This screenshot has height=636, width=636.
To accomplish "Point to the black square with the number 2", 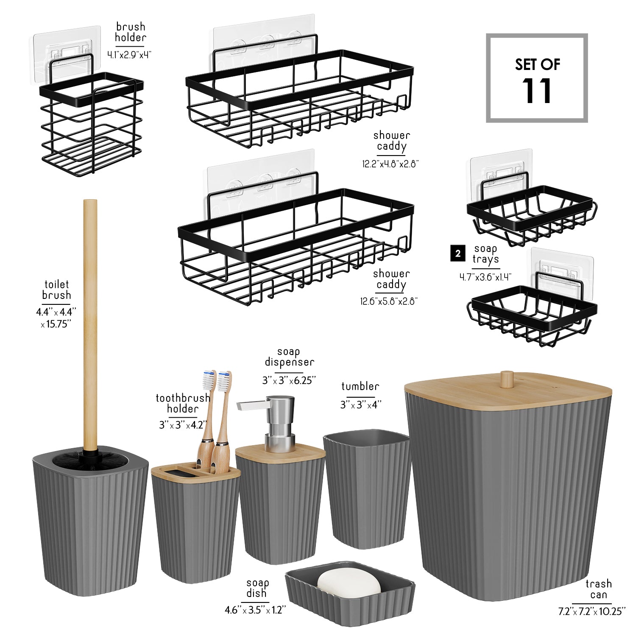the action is tap(457, 254).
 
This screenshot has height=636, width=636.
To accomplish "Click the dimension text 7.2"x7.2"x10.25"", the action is tap(592, 611).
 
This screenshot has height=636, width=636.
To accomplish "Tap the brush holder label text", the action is tap(130, 32).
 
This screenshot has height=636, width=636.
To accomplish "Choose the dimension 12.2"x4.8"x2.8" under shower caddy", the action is tap(391, 164).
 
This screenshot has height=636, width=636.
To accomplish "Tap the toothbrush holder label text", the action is tap(183, 403).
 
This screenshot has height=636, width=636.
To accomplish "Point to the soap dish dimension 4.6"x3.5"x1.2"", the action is tap(255, 610).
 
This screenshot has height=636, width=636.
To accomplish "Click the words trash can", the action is tap(598, 589).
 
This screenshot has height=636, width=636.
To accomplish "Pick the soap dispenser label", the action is tap(289, 357).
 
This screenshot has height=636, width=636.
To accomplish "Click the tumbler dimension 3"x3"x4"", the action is tap(361, 404).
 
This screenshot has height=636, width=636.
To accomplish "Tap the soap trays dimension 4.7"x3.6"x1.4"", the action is tap(485, 277).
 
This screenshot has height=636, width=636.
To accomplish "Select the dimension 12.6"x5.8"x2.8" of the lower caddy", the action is tap(389, 301).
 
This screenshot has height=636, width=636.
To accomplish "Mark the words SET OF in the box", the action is tap(538, 64).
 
